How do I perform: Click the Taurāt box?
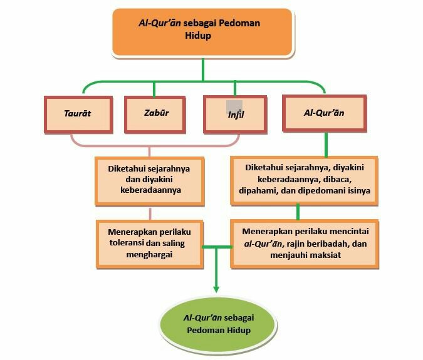78,115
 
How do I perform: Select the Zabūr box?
157,115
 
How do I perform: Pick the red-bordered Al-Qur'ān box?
323,114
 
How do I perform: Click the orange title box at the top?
202,30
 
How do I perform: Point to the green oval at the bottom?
217,323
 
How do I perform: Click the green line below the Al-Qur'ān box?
326,143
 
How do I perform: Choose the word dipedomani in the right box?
320,190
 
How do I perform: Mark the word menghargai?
149,254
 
